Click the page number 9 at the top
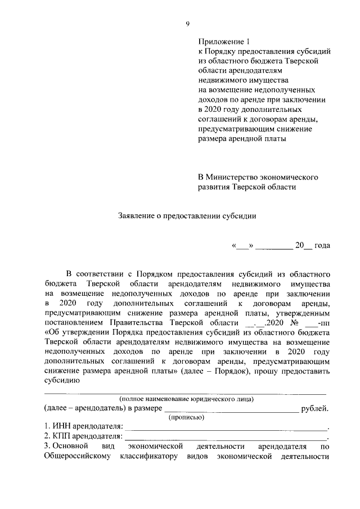click(x=188, y=24)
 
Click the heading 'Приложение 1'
click(x=223, y=42)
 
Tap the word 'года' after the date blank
click(x=322, y=245)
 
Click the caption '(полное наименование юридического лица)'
click(x=186, y=399)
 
